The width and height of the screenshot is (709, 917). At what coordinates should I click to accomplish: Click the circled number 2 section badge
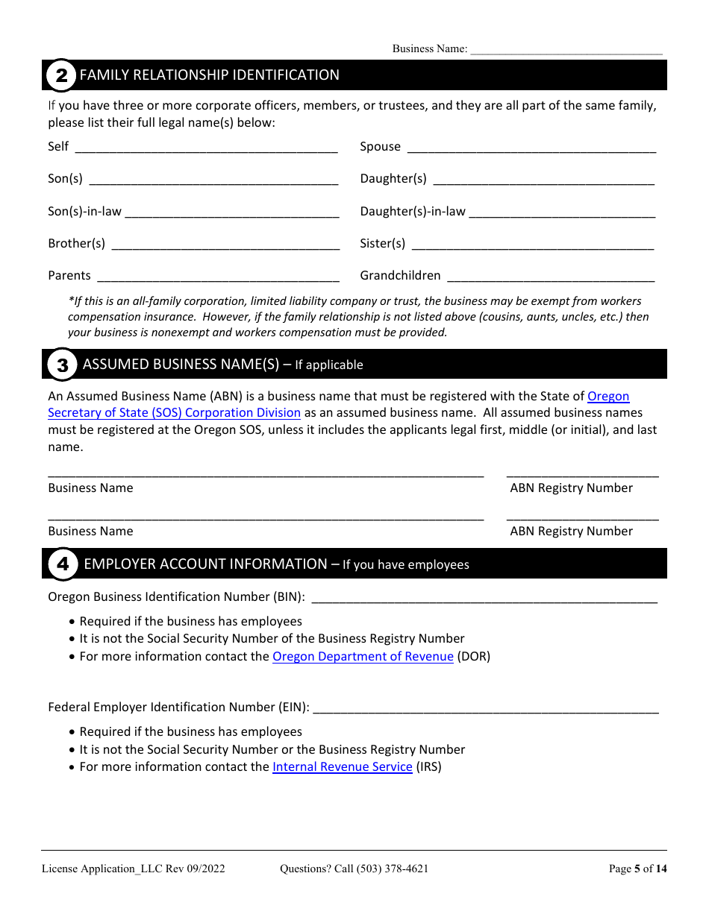(61, 75)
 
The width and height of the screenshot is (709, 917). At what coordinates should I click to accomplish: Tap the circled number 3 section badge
(62, 365)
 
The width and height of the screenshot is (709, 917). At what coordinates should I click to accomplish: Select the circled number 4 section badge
(63, 564)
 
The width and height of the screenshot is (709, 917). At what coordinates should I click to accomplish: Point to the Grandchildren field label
(400, 276)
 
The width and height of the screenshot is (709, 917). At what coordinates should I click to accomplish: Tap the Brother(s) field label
(77, 244)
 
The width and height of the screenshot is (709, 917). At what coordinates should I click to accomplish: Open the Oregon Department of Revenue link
(363, 657)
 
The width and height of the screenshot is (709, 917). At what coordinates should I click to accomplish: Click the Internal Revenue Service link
(342, 767)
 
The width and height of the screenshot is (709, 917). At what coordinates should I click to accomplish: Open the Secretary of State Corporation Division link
(174, 413)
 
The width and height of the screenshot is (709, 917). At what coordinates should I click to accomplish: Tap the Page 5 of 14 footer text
(637, 869)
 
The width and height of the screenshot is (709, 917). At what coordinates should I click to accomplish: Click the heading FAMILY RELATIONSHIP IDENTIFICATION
(209, 75)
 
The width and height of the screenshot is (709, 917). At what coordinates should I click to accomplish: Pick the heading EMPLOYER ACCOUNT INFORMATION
(205, 564)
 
